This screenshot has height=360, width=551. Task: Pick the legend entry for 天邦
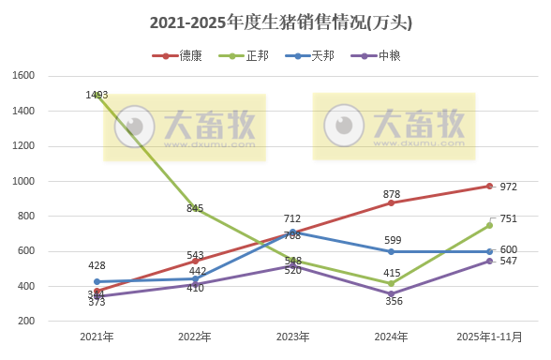coord(315,56)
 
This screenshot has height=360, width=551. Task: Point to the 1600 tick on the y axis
coord(24,76)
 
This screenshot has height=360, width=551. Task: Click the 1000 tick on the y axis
coord(24,181)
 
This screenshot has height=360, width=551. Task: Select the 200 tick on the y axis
coord(27,322)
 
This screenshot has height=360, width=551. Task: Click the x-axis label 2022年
coord(195,336)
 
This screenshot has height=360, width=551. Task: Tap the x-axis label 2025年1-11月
coord(488,336)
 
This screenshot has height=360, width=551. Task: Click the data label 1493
coord(97,95)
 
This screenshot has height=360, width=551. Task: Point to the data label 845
coord(195,208)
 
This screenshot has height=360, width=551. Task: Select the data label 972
coord(509,187)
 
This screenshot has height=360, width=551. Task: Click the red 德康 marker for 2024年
coord(391,202)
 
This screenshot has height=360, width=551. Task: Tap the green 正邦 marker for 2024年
coord(391,283)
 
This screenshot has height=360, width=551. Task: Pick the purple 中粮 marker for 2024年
coord(391,293)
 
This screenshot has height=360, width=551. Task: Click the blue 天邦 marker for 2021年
coord(97,281)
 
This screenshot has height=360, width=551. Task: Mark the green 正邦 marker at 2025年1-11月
coord(489,225)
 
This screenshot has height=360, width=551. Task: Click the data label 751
coord(509,218)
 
